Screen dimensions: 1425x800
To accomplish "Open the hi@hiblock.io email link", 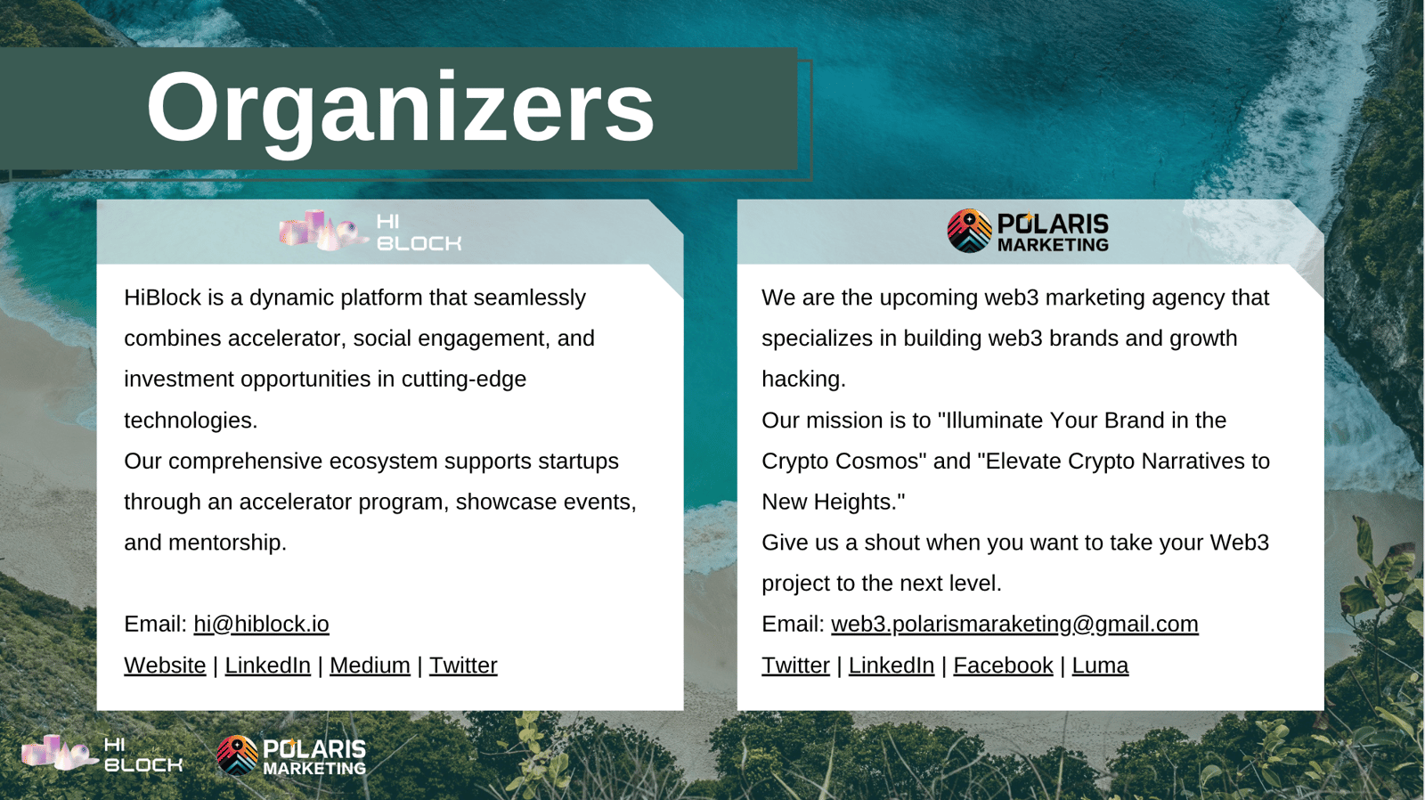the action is click(x=262, y=624).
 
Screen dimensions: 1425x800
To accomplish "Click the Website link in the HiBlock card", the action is click(x=165, y=665).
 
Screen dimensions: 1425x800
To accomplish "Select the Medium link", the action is click(x=370, y=665).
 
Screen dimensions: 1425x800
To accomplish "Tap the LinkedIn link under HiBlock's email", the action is click(x=268, y=665).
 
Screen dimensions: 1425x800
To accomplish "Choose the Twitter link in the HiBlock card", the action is click(x=463, y=665).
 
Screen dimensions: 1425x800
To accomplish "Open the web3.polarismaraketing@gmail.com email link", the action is click(x=1014, y=624).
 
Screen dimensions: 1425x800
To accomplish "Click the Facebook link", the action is click(x=1003, y=665).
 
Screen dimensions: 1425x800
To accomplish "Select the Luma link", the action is click(x=1100, y=665).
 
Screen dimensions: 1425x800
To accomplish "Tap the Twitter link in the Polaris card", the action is click(x=796, y=665).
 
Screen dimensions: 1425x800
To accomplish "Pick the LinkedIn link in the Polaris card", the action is click(x=892, y=665).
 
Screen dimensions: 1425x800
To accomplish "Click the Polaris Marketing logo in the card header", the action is click(x=1028, y=231).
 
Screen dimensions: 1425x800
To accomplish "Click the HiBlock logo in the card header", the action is click(x=370, y=231).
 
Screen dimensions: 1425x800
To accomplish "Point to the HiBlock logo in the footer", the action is click(x=102, y=754).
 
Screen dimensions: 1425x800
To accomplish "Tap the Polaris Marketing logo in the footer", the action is click(x=291, y=755).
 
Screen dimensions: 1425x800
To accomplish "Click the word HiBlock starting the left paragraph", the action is click(x=162, y=298).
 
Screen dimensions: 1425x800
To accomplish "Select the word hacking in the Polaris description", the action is click(x=803, y=380).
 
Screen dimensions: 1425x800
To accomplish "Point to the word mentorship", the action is click(x=227, y=543).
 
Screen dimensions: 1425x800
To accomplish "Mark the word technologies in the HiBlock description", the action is click(x=191, y=420).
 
